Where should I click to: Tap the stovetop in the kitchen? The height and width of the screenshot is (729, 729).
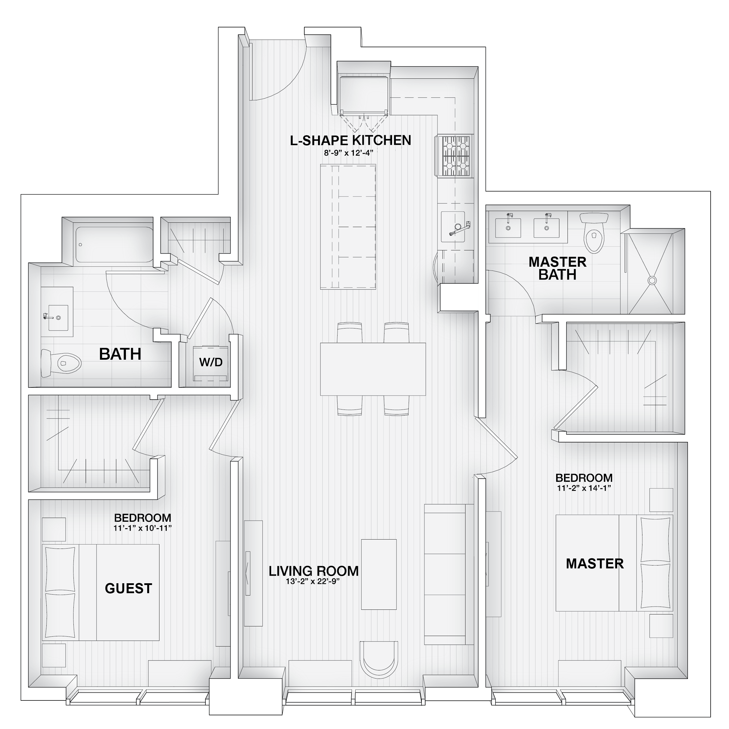pyautogui.click(x=454, y=156)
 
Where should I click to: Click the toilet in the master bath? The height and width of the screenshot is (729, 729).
pyautogui.click(x=594, y=232)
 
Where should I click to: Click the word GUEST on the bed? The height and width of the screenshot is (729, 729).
pyautogui.click(x=128, y=588)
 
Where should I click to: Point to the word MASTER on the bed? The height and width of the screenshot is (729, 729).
pyautogui.click(x=595, y=564)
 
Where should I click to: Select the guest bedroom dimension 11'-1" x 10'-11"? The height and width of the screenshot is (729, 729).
pyautogui.click(x=143, y=528)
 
